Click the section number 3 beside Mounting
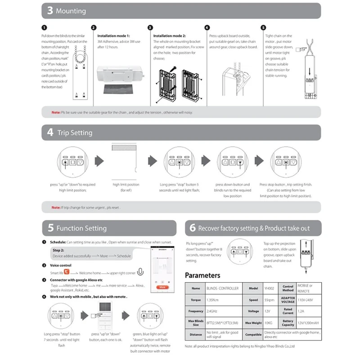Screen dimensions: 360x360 [x=49, y=11]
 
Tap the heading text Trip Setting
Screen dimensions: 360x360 [x=75, y=133]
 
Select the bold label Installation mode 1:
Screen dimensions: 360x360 [x=113, y=35]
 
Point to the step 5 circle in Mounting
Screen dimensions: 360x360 [x=263, y=27]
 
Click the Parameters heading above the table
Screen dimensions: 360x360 [x=202, y=275]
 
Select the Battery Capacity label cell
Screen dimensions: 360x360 [x=288, y=322]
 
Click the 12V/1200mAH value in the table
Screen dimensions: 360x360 [x=308, y=322]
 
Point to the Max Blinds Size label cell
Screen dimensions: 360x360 [x=196, y=322]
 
